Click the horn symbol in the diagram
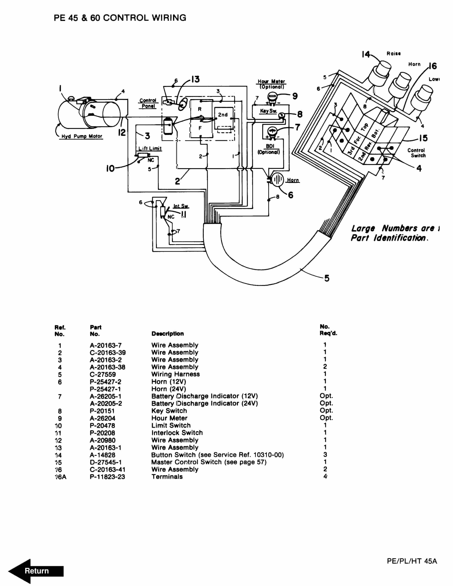(x=278, y=179)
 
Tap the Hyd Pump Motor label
(x=82, y=136)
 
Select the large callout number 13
(x=195, y=79)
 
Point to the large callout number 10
(x=110, y=169)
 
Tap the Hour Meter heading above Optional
(x=271, y=81)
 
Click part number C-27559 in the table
(x=103, y=374)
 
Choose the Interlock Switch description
(x=177, y=433)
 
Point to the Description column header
(x=167, y=334)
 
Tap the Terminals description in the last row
(x=167, y=477)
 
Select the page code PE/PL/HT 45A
(x=412, y=561)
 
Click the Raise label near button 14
(x=393, y=54)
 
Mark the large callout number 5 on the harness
(x=327, y=278)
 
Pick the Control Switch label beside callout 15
(x=416, y=153)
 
